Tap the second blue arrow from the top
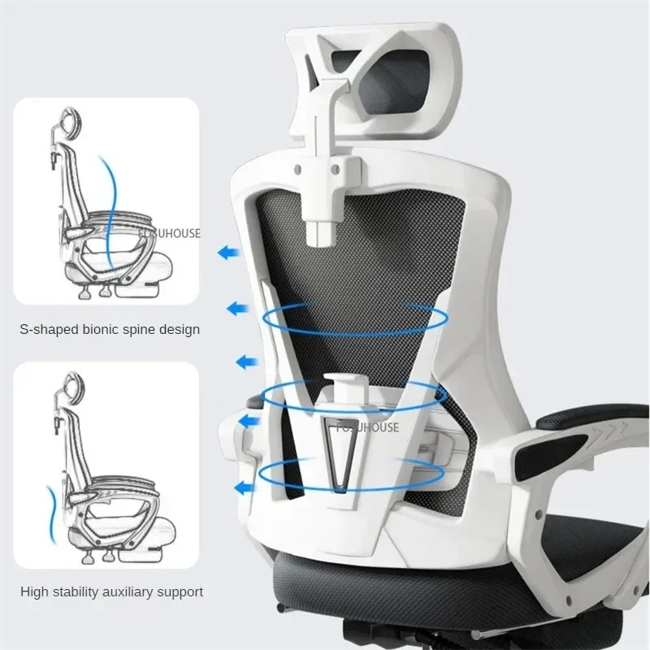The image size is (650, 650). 238,308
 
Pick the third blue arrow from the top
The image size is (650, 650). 243,361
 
